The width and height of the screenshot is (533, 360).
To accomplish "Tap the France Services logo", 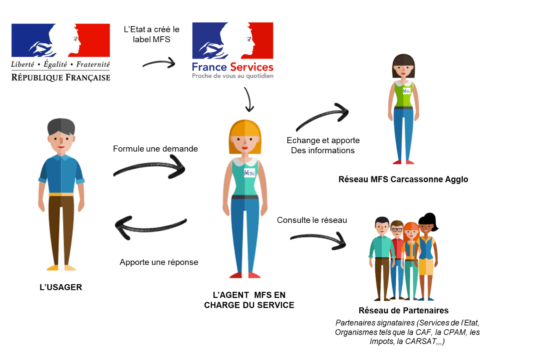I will [x=233, y=51].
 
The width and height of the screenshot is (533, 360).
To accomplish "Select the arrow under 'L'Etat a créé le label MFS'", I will [x=159, y=64].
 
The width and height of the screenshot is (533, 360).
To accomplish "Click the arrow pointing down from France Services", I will [x=249, y=100].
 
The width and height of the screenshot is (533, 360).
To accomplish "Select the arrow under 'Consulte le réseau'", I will [x=318, y=240].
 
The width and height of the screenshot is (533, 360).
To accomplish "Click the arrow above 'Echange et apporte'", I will [x=322, y=118].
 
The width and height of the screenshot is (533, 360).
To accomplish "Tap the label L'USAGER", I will [x=61, y=288].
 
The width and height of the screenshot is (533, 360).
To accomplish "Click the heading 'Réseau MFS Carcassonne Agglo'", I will [x=403, y=179].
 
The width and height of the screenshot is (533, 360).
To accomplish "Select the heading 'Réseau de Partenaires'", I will [x=403, y=310].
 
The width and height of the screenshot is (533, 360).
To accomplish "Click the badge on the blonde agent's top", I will [x=249, y=173].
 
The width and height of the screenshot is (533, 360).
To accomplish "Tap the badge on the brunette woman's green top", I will [x=406, y=91].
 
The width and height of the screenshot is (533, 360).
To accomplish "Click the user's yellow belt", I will [x=61, y=194].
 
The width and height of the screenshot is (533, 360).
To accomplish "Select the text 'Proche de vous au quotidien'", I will [x=233, y=76].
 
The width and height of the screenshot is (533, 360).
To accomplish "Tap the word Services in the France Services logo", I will [x=252, y=67].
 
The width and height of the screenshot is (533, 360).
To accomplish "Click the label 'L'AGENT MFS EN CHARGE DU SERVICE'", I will [x=249, y=300].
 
